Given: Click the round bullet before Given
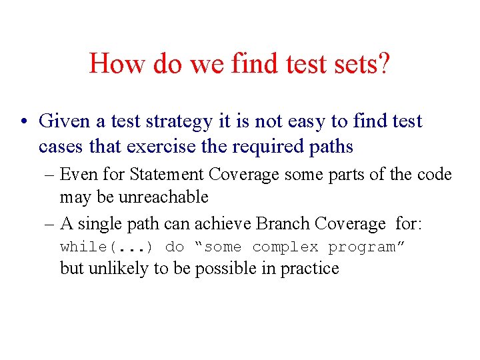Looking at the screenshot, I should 23,122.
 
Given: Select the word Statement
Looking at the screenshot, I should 167,175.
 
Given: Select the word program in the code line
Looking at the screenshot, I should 365,247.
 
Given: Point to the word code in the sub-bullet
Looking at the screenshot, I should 435,175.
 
